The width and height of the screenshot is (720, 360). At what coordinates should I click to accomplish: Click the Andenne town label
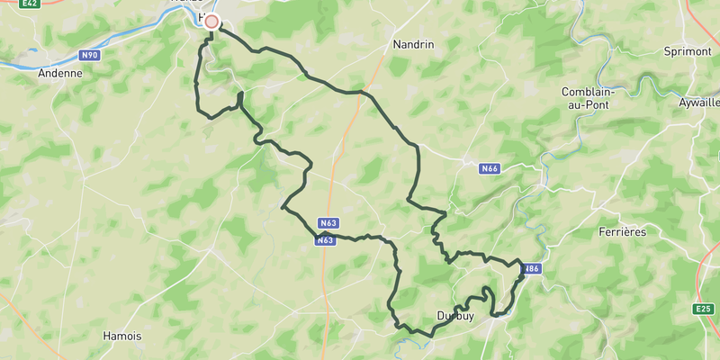(60, 74)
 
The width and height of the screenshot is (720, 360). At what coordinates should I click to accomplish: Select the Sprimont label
(687, 51)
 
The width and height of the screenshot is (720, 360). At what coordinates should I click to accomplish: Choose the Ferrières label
(622, 231)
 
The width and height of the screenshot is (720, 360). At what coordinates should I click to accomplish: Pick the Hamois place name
(121, 336)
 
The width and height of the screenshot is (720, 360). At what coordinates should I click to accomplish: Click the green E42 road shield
(31, 4)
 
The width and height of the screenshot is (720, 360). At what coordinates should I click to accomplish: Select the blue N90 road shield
(88, 55)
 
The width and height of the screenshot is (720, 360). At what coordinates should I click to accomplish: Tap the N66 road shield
(490, 168)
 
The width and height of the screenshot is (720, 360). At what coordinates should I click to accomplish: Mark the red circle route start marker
(211, 22)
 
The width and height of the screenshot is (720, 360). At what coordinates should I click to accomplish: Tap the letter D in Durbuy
(440, 316)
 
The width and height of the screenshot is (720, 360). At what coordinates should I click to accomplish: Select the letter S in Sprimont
(667, 51)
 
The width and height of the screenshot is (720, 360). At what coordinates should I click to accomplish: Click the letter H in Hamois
(106, 336)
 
